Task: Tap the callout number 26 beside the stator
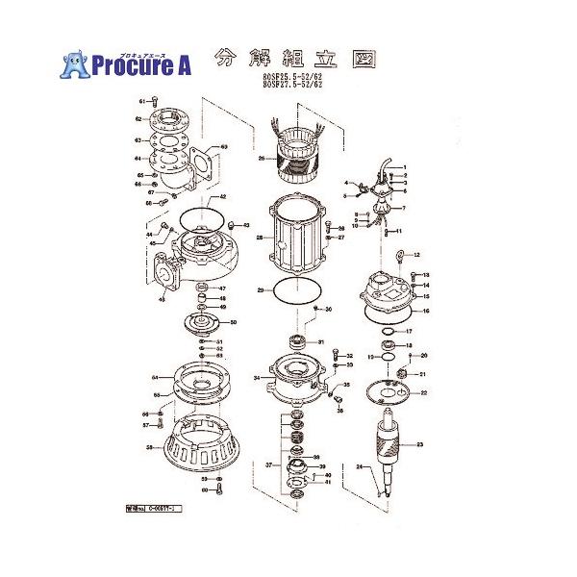tap(261, 159)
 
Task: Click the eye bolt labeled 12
tap(402, 255)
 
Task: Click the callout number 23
tap(419, 444)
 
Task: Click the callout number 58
tap(150, 447)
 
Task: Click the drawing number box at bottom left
tap(154, 503)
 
